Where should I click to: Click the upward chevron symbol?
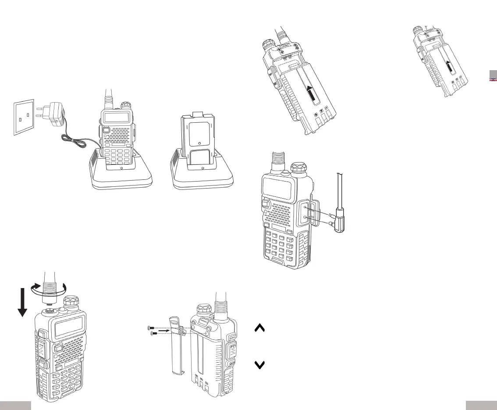(x=259, y=329)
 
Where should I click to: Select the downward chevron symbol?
(x=259, y=365)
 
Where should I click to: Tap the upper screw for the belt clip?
(x=151, y=328)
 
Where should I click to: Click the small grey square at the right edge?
(x=493, y=75)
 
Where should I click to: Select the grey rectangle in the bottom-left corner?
(x=15, y=405)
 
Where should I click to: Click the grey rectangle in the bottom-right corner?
(x=481, y=405)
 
